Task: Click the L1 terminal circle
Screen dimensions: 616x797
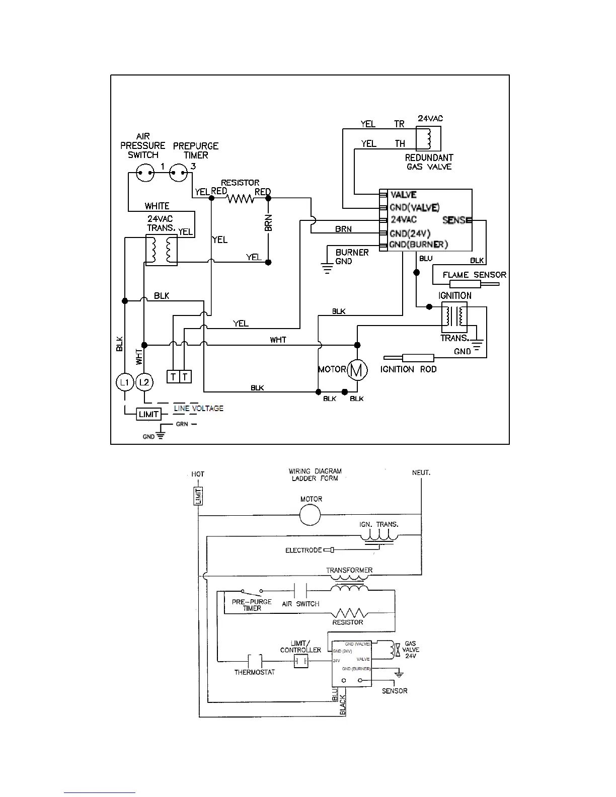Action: click(x=124, y=382)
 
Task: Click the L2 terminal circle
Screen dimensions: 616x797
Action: click(x=144, y=382)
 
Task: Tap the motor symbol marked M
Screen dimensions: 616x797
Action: click(x=357, y=370)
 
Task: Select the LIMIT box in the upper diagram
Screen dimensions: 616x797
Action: click(x=148, y=414)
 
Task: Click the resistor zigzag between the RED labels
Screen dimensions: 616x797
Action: click(x=240, y=198)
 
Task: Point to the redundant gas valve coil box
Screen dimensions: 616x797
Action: click(x=428, y=138)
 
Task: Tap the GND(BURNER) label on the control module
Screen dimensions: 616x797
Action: click(x=419, y=244)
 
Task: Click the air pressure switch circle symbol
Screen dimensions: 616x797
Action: click(x=145, y=173)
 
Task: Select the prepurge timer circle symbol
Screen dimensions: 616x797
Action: click(x=179, y=173)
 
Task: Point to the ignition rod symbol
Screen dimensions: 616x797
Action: click(x=409, y=358)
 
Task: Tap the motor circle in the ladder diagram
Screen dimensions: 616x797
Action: click(x=310, y=515)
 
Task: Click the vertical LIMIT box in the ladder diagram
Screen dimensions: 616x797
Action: click(x=198, y=496)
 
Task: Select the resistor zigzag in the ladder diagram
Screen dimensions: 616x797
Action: click(x=349, y=613)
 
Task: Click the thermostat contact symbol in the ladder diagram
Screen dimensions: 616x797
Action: click(x=255, y=661)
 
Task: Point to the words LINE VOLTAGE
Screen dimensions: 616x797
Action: click(x=198, y=408)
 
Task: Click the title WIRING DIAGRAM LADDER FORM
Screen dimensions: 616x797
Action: click(x=315, y=474)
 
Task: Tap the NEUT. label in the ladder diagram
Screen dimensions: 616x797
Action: click(x=421, y=473)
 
